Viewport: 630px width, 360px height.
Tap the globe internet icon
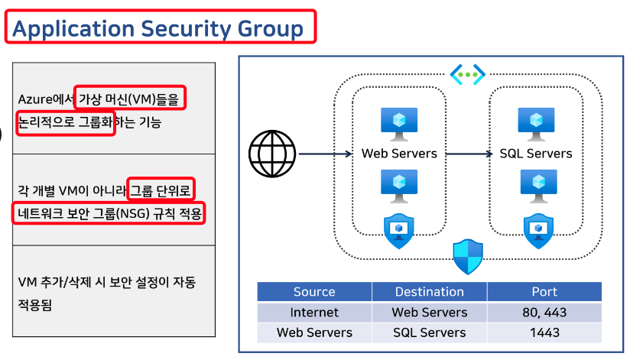tap(271, 153)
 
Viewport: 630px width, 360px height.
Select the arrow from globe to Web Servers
tap(326, 154)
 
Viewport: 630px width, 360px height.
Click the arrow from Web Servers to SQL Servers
tap(469, 154)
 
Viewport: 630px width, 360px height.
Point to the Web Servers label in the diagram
tap(399, 154)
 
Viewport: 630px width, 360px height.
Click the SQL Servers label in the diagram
tap(535, 154)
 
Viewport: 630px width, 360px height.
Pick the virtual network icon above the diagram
tap(467, 74)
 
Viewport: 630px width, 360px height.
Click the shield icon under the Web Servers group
tap(398, 230)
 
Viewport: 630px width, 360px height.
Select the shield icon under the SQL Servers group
tap(535, 230)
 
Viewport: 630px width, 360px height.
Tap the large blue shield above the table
tap(467, 256)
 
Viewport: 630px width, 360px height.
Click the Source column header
tap(314, 292)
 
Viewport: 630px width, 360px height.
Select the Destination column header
tap(429, 292)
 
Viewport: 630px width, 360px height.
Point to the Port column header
tap(544, 292)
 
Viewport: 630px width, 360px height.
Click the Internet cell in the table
tap(314, 313)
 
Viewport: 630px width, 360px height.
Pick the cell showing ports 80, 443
tap(544, 313)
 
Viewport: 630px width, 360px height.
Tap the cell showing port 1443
tap(544, 332)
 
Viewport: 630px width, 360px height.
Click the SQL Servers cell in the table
tap(429, 332)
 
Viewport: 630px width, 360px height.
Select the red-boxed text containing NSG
tap(109, 213)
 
